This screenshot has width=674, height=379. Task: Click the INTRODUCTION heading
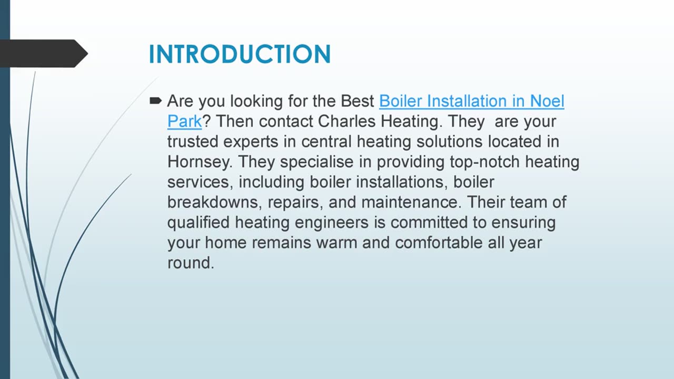coord(240,55)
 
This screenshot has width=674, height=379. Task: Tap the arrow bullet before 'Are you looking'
coord(155,100)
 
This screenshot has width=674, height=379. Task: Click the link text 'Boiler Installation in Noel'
coord(471,101)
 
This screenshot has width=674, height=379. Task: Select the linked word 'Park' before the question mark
coord(184,122)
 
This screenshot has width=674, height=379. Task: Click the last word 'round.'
coord(191,263)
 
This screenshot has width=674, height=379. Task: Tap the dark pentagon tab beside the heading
coord(42,53)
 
